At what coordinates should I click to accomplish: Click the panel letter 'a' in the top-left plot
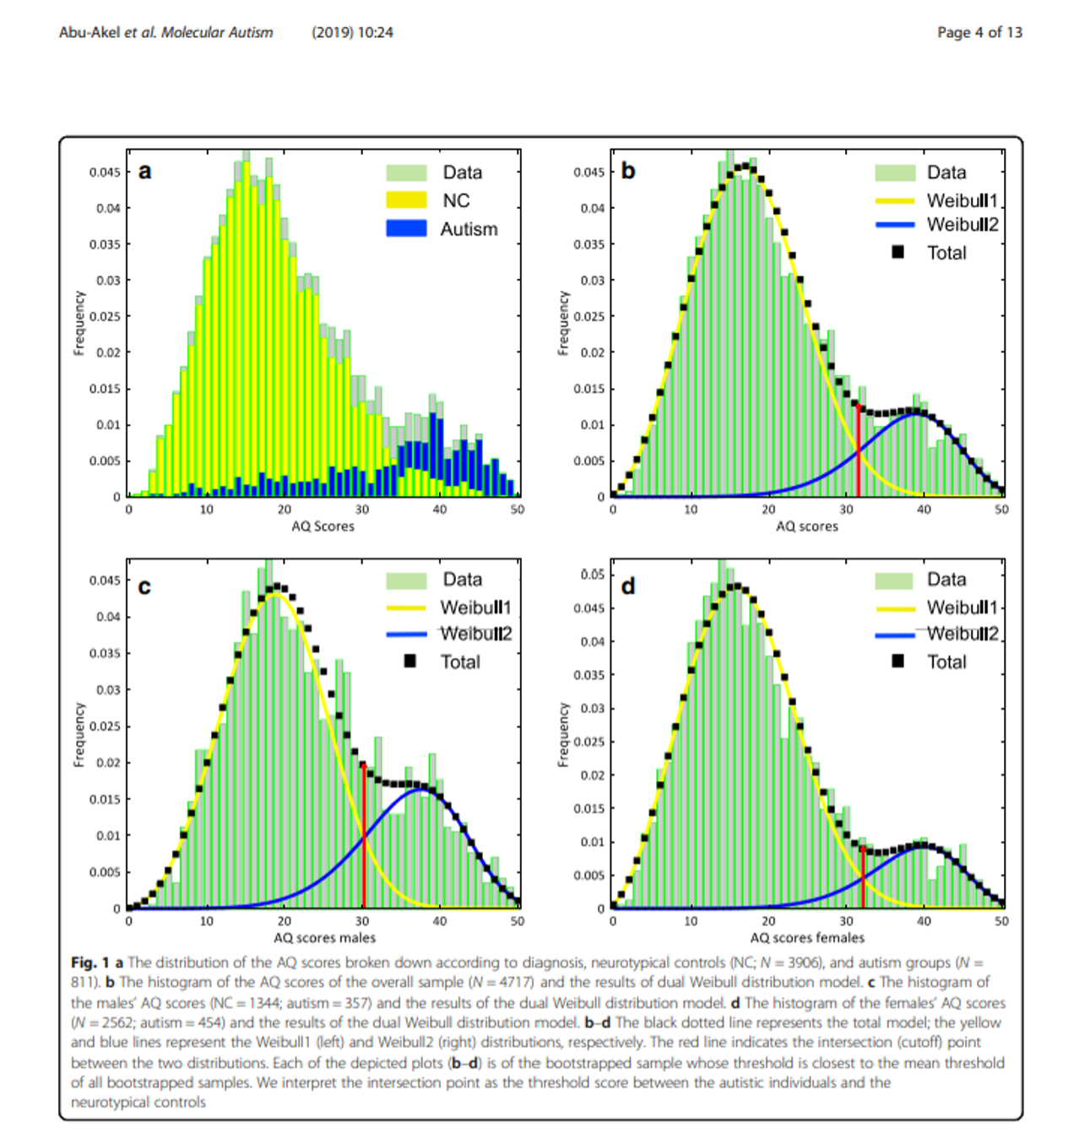[x=145, y=172]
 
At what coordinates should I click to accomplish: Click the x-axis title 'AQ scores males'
[x=324, y=937]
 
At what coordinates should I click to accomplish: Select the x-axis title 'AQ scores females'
[x=807, y=937]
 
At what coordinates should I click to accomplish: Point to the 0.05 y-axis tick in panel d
[x=593, y=575]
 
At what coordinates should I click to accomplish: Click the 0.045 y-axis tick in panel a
[x=106, y=172]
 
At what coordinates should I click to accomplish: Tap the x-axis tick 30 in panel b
[x=846, y=510]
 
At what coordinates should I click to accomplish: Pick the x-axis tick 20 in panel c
[x=285, y=921]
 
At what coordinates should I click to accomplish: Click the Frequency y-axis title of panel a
[x=79, y=323]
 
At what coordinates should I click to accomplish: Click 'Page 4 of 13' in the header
[x=979, y=32]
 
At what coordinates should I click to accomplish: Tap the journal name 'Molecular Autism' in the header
[x=217, y=32]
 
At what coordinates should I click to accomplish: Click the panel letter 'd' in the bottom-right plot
[x=628, y=586]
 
